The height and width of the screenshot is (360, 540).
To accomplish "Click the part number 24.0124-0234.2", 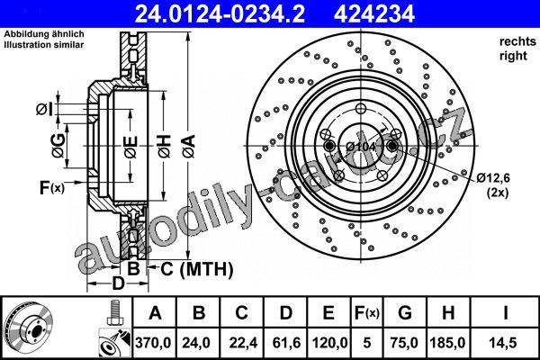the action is tap(220, 13).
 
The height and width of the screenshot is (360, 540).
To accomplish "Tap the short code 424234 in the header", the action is tap(374, 13).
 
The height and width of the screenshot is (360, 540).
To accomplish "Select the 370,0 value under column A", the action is tap(153, 343).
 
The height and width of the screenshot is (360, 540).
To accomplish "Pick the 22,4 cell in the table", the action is tap(242, 343).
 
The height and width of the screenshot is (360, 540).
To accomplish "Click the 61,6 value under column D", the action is tap(286, 343).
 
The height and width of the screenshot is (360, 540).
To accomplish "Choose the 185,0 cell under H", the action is tap(447, 343).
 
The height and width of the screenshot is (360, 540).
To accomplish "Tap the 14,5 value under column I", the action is tap(504, 343).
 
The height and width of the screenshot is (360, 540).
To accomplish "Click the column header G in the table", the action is tap(405, 313).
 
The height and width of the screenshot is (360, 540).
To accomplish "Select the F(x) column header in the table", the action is tap(367, 313).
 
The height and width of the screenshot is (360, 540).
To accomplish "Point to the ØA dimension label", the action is tap(189, 146).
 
